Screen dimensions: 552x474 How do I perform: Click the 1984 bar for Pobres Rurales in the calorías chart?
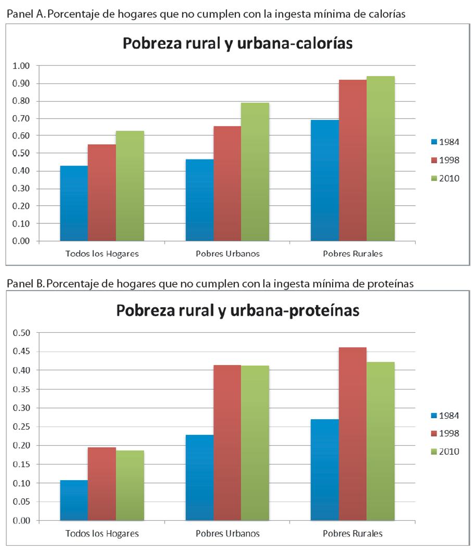click(325, 180)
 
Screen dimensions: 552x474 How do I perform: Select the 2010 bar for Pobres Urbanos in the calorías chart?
click(255, 172)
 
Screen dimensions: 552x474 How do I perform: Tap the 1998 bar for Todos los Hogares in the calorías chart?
click(102, 193)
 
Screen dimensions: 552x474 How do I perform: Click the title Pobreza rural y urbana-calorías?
click(238, 44)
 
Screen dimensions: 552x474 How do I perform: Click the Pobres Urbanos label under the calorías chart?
click(228, 254)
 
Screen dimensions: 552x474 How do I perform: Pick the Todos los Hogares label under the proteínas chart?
click(102, 534)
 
